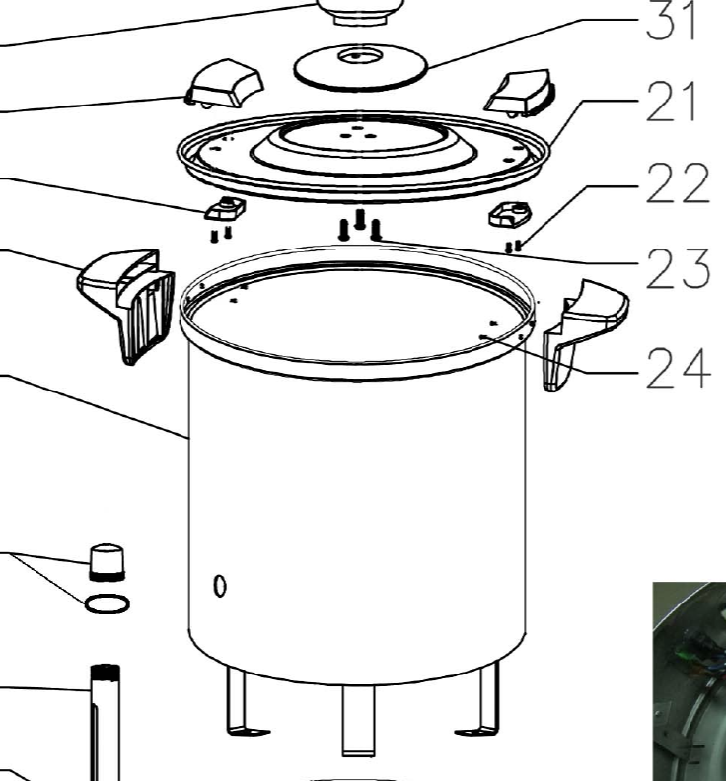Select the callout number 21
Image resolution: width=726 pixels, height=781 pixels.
click(671, 102)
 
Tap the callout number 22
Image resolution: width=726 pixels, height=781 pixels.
click(678, 183)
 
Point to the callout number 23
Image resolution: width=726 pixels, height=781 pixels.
click(678, 269)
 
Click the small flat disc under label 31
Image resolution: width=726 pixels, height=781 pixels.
click(361, 67)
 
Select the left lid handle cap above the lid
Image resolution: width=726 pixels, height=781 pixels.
click(224, 84)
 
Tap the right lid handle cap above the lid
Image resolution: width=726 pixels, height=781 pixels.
click(520, 94)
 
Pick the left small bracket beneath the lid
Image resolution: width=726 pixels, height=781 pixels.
click(225, 208)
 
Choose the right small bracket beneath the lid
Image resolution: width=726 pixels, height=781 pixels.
click(510, 214)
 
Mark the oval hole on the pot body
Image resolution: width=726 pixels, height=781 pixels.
click(220, 586)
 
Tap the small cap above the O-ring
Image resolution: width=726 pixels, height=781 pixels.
click(107, 562)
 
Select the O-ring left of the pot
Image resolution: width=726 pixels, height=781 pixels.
click(108, 603)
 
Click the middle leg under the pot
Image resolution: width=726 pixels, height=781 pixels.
click(358, 721)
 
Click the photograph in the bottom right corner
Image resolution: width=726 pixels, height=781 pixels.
click(690, 680)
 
